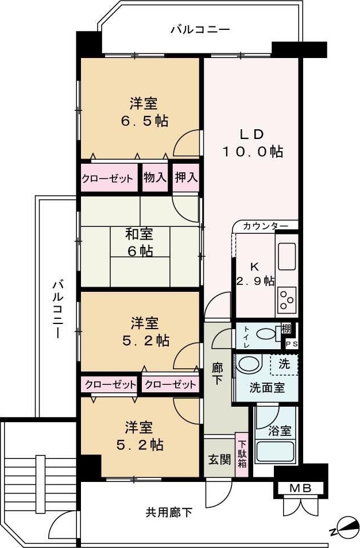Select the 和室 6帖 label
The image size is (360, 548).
[x=140, y=242]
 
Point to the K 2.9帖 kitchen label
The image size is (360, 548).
[x=255, y=273]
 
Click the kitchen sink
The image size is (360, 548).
[x=287, y=256]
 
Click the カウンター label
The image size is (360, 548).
[x=265, y=226]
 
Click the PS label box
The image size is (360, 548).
[x=292, y=344]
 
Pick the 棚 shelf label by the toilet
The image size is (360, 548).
[x=287, y=329]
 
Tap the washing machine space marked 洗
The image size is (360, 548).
[x=284, y=364]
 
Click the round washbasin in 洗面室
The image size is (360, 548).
[x=249, y=364]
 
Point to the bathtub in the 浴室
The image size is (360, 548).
[x=274, y=450]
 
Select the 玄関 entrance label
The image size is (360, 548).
[x=219, y=460]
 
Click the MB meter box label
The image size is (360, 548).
[x=299, y=489]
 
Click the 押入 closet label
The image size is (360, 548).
[x=185, y=177]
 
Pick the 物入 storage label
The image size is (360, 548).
[x=154, y=177]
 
